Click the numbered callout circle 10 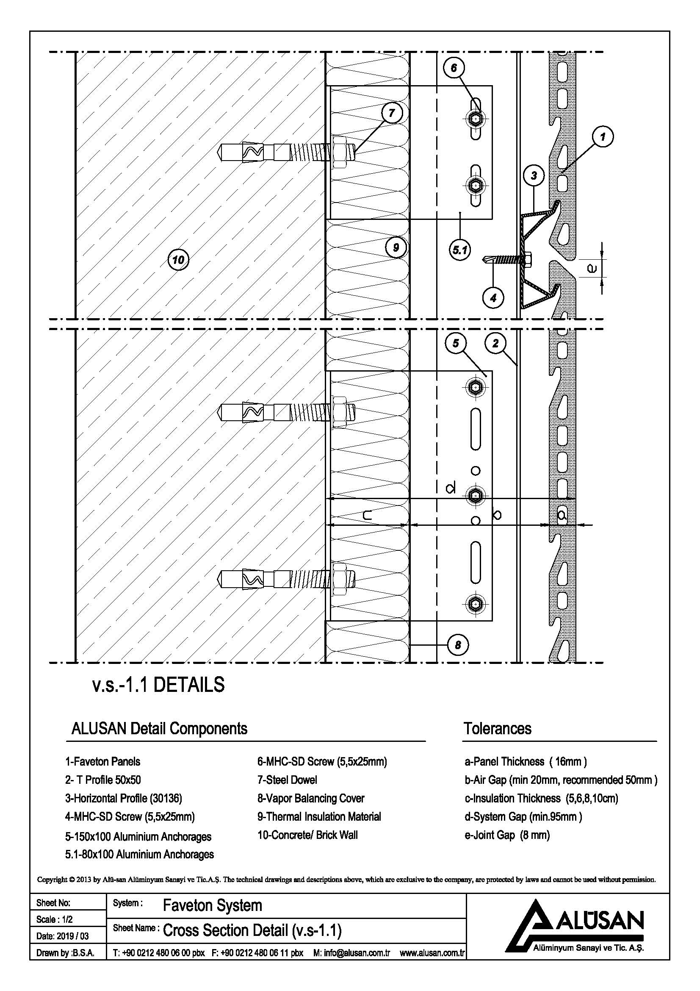178,259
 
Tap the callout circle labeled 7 392,114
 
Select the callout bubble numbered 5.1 460,250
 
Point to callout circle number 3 534,176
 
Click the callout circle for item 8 458,645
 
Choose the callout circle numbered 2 495,343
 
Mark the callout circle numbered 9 396,248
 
